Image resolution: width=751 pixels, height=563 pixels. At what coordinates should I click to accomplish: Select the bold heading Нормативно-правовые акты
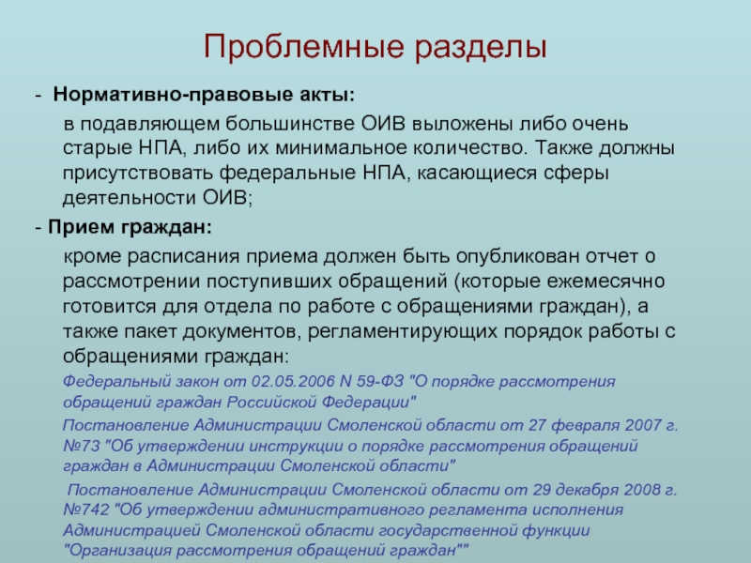[204, 96]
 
